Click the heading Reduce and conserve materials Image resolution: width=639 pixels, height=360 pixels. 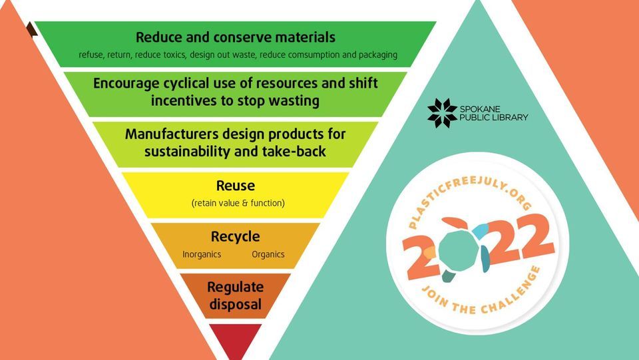click(236, 37)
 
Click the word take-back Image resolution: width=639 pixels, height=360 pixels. click(296, 151)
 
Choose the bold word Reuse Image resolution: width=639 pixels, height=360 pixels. click(236, 186)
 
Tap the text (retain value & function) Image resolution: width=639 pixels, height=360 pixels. click(238, 203)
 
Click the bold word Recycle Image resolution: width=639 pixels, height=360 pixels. click(235, 236)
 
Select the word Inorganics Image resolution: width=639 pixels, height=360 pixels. click(202, 254)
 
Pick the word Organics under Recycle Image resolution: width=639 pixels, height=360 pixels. click(268, 254)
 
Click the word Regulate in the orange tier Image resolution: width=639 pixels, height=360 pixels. click(235, 287)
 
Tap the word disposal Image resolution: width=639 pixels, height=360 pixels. click(235, 305)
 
